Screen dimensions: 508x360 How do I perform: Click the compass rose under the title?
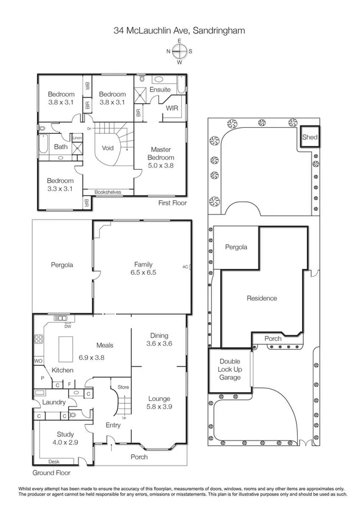[x=179, y=51]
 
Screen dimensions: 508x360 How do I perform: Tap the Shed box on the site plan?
[x=310, y=137]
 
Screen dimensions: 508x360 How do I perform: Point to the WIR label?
[x=172, y=108]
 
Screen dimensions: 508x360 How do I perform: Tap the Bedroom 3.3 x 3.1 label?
[x=60, y=185]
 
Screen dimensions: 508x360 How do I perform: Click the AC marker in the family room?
[x=185, y=267]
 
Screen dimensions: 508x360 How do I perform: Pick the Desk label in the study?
[x=54, y=461]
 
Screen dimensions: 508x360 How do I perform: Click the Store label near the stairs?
[x=123, y=387]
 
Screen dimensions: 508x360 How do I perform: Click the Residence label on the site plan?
[x=262, y=298]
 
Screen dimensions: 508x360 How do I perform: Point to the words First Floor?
[x=173, y=203]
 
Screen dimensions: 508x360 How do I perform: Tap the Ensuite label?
[x=160, y=90]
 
